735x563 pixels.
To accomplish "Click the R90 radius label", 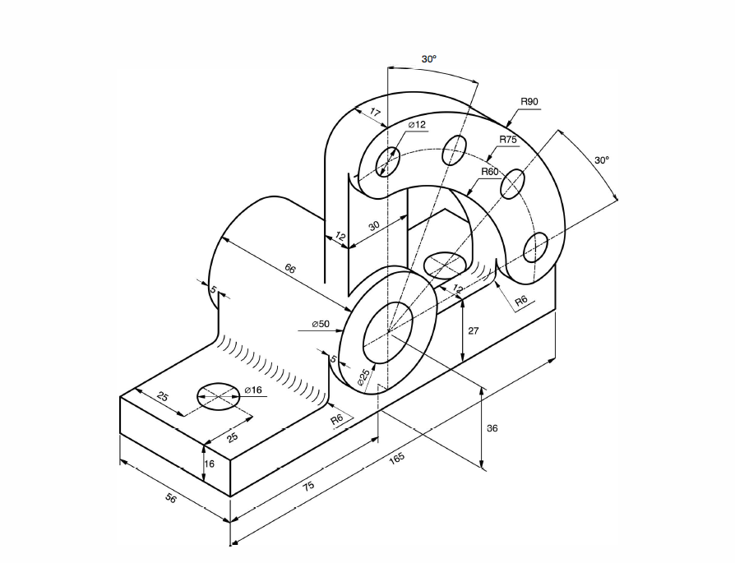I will [x=529, y=102].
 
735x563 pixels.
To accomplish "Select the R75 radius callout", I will [x=508, y=140].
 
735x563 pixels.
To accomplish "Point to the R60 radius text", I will [x=490, y=172].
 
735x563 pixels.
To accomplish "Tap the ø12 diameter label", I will [x=418, y=125].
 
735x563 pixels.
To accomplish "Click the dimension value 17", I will [x=375, y=113].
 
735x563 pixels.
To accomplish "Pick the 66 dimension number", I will [x=290, y=269].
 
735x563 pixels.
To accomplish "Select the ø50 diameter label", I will [x=320, y=324].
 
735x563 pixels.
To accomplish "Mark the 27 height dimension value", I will [x=473, y=330].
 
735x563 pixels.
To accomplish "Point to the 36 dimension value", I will [x=492, y=428].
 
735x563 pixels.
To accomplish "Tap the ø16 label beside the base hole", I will [x=252, y=390].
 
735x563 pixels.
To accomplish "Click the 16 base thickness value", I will [x=209, y=464].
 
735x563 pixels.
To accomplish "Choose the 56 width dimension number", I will [x=171, y=497].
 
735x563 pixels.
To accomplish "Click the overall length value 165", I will [x=396, y=458].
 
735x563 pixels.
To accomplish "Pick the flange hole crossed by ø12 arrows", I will [x=387, y=162].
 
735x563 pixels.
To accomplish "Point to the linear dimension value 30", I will [x=374, y=226].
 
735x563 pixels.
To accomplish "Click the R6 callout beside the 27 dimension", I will [x=521, y=302].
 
